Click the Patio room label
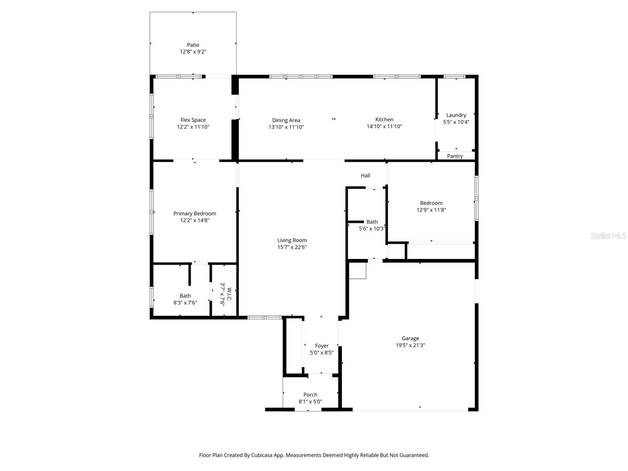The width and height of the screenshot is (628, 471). point(193,45)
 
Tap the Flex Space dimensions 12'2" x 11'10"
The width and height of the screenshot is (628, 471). point(193,127)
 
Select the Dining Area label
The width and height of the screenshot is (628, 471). point(286,120)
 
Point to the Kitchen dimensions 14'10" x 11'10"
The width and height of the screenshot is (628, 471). point(384,126)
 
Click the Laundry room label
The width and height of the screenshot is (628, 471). point(456,115)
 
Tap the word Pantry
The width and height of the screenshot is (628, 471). point(455,156)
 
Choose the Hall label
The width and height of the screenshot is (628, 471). point(365,175)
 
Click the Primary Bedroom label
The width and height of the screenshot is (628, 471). point(195,214)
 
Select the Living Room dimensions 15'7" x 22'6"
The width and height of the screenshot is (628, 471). point(292,247)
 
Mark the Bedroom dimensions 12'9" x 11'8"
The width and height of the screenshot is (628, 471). point(431,210)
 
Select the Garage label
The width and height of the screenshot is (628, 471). point(410,338)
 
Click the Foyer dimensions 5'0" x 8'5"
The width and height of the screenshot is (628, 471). point(321,352)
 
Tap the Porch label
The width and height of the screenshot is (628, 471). point(310,395)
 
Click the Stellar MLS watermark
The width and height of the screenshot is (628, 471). point(608,236)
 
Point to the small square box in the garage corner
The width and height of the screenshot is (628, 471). point(358,271)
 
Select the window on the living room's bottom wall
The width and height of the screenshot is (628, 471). point(265,317)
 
